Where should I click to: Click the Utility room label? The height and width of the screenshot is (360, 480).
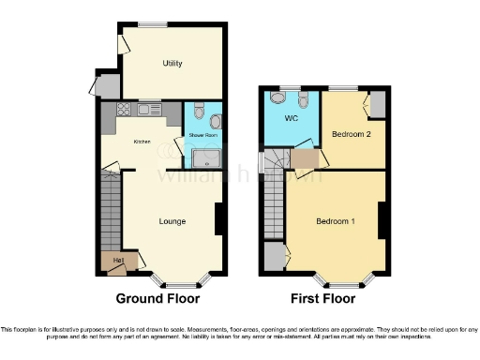coord(172,64)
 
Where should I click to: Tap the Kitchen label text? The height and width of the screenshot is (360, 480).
coord(142,142)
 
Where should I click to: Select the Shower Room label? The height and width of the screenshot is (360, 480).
coord(203,136)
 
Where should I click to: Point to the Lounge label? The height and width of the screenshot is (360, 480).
coord(172,221)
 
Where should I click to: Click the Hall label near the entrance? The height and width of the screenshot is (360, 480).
coord(118,260)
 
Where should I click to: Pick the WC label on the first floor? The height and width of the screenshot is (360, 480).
coord(291,119)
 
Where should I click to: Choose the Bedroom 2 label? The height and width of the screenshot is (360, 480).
coord(351,135)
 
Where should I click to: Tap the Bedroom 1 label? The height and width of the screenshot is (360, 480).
coord(335,221)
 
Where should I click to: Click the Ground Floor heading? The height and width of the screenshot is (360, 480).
coord(157,299)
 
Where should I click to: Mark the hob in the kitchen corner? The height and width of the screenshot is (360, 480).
coord(121,111)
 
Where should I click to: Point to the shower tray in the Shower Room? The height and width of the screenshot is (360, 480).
coord(203,158)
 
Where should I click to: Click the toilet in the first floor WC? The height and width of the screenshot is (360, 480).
coord(278,97)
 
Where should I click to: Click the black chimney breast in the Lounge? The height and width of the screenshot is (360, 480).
coord(218,219)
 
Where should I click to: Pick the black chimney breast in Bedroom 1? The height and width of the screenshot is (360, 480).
coord(382,221)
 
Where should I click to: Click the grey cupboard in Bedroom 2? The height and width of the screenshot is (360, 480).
coord(377,104)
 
